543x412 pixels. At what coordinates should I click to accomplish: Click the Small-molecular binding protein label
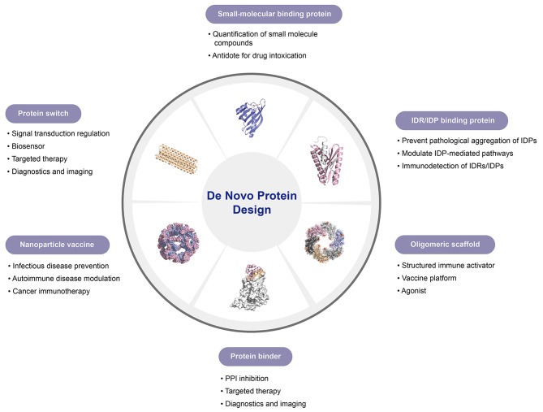point(274,14)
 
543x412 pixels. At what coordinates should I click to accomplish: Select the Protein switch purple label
point(43,114)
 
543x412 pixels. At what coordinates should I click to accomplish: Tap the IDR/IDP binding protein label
point(452,121)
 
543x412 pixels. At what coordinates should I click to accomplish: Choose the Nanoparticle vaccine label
point(57,245)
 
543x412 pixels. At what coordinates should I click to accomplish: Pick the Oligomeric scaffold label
point(445,245)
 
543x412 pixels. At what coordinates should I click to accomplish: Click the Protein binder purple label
point(256,356)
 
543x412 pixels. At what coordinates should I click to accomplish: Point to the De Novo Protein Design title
point(252,202)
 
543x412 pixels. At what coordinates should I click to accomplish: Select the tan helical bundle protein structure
point(177,158)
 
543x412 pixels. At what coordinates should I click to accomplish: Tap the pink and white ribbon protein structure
point(326,160)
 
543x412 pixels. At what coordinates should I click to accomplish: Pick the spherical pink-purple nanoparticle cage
point(179,243)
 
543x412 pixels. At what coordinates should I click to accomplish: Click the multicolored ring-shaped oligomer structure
point(325,241)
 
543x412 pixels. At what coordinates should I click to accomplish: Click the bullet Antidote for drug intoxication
point(257,55)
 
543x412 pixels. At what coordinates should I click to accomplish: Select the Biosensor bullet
point(26,146)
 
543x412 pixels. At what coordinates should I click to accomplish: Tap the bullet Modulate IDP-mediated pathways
point(455,154)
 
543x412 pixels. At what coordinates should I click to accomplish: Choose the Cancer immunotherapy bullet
point(49,291)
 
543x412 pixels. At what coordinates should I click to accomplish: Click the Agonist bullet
point(412,291)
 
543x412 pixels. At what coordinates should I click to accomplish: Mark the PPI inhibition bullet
point(244,379)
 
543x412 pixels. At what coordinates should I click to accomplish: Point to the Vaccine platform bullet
point(427,278)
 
